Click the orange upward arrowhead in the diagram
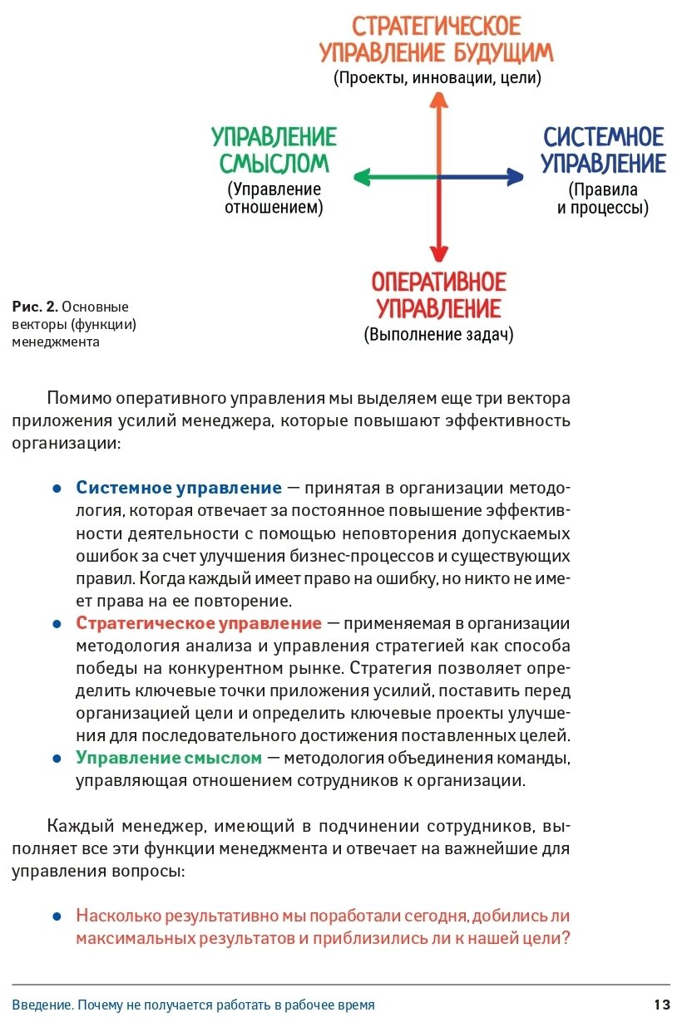pyautogui.click(x=438, y=101)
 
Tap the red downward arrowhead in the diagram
pyautogui.click(x=438, y=253)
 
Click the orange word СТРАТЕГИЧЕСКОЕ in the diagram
pyautogui.click(x=437, y=26)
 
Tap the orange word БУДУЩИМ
pyautogui.click(x=503, y=53)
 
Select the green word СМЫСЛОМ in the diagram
pyautogui.click(x=274, y=163)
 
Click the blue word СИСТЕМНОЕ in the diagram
pyautogui.click(x=604, y=137)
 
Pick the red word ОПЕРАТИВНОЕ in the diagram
pyautogui.click(x=438, y=282)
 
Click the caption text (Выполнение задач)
pyautogui.click(x=438, y=335)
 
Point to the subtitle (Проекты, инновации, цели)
pyautogui.click(x=437, y=78)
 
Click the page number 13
pyautogui.click(x=661, y=1005)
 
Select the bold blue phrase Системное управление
pyautogui.click(x=179, y=488)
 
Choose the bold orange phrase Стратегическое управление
pyautogui.click(x=199, y=623)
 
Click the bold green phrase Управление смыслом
pyautogui.click(x=169, y=758)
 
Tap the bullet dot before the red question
pyautogui.click(x=57, y=916)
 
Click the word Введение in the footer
pyautogui.click(x=41, y=1005)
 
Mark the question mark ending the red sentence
pyautogui.click(x=566, y=938)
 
